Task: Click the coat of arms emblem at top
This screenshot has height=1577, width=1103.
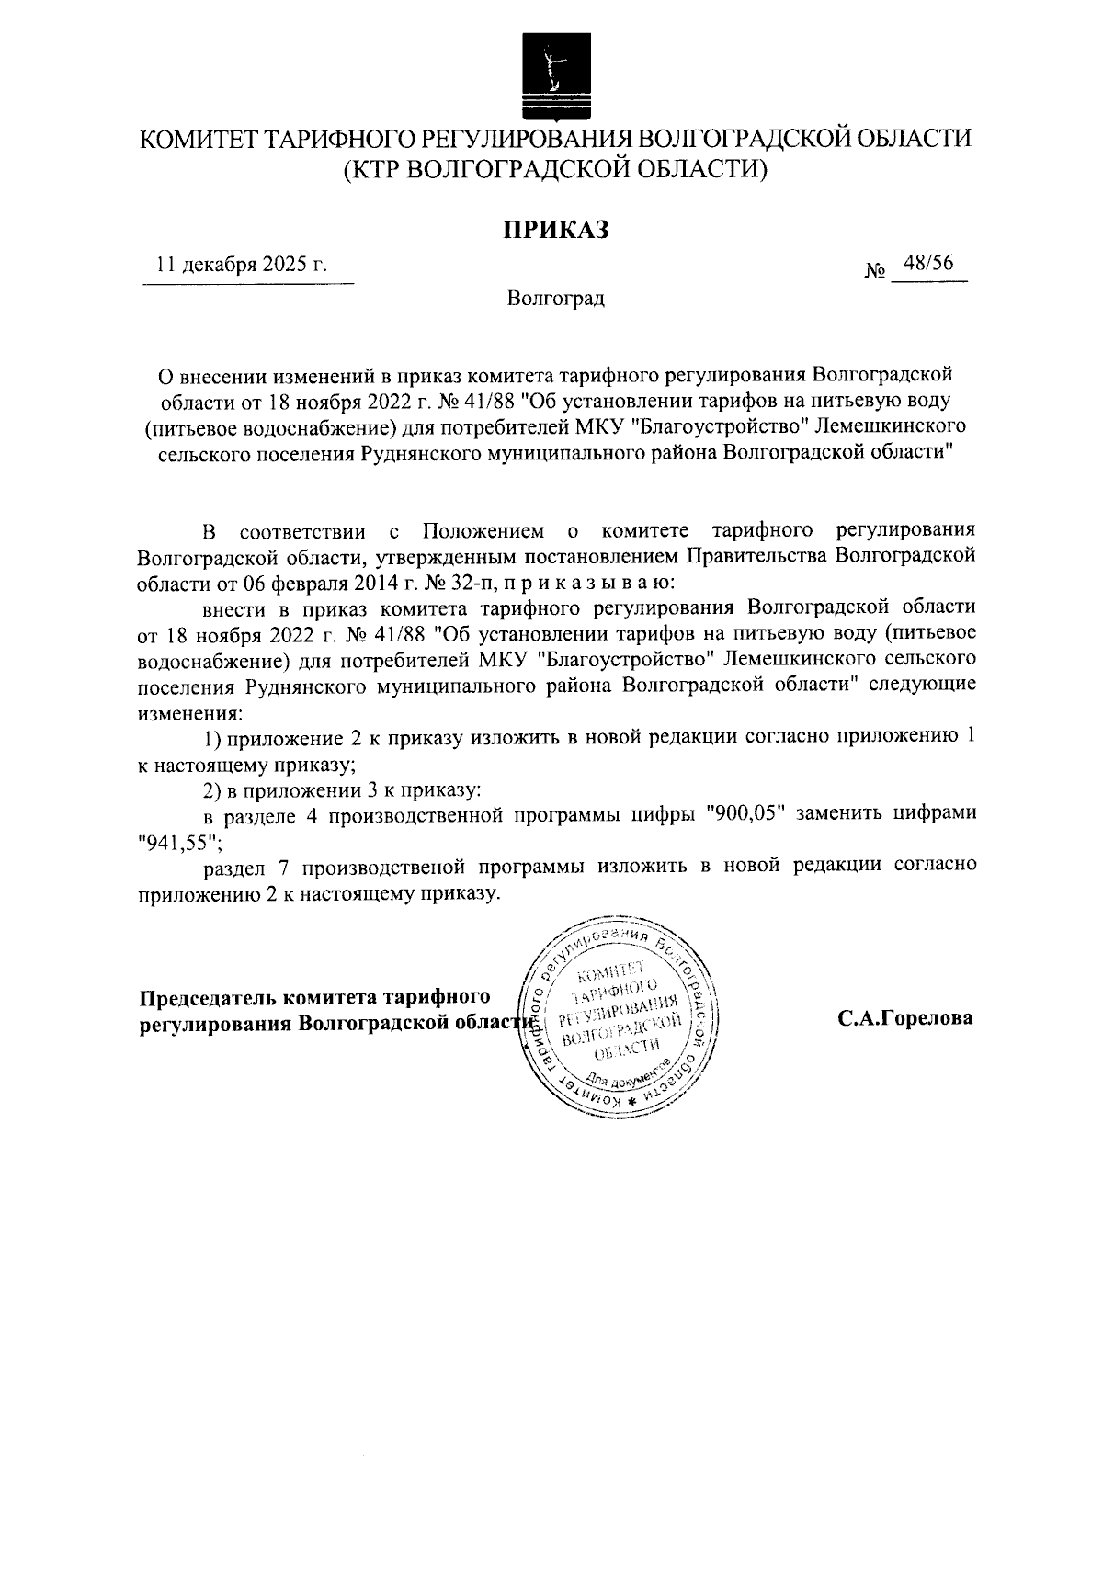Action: coord(551,77)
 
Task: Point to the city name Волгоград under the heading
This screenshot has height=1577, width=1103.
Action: coord(555,299)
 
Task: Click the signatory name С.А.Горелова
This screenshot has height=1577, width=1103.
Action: coord(904,1018)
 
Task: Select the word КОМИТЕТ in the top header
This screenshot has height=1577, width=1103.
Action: coord(198,140)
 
